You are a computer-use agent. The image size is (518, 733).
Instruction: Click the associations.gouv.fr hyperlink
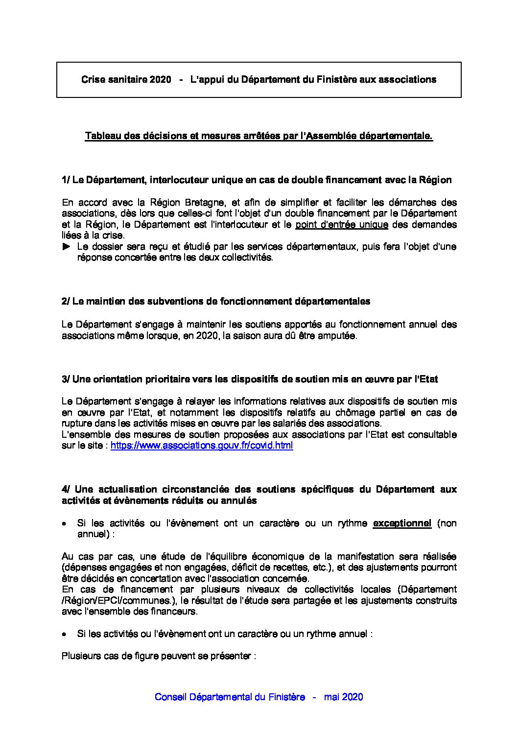pos(202,446)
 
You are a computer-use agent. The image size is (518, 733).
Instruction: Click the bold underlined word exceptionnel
pos(402,523)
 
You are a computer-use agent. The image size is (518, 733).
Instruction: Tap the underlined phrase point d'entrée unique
pos(342,224)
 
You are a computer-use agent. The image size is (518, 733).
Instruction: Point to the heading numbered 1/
pos(257,180)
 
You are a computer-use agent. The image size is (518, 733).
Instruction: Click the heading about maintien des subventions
pos(216,301)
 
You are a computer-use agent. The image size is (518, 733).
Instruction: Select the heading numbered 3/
pos(250,378)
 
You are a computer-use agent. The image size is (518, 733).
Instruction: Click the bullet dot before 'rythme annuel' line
pos(65,634)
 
